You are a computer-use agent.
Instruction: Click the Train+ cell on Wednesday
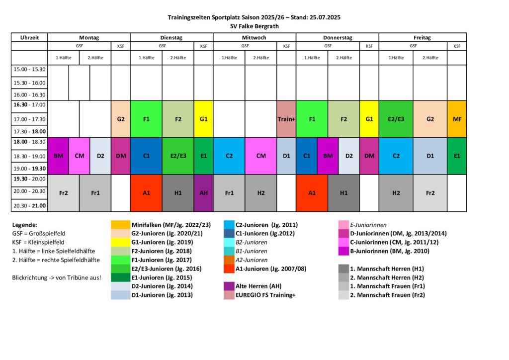pyautogui.click(x=286, y=119)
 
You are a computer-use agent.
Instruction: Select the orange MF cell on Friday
pyautogui.click(x=457, y=119)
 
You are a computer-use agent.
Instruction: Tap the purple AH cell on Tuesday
pyautogui.click(x=203, y=193)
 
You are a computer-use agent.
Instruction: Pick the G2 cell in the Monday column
pyautogui.click(x=121, y=119)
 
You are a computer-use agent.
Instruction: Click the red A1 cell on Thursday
pyautogui.click(x=312, y=193)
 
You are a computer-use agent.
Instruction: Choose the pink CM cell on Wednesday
pyautogui.click(x=261, y=156)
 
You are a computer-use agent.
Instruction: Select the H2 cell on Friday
pyautogui.click(x=396, y=193)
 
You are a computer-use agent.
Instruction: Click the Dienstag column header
pyautogui.click(x=171, y=37)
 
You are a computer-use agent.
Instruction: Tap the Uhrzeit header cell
pyautogui.click(x=29, y=37)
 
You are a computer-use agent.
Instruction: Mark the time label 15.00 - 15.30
pyautogui.click(x=29, y=70)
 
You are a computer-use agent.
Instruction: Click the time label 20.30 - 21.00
pyautogui.click(x=29, y=205)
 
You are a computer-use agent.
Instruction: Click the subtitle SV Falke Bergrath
pyautogui.click(x=254, y=26)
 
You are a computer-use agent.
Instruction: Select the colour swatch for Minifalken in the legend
pyautogui.click(x=121, y=224)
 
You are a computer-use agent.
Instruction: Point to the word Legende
pyautogui.click(x=24, y=225)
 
